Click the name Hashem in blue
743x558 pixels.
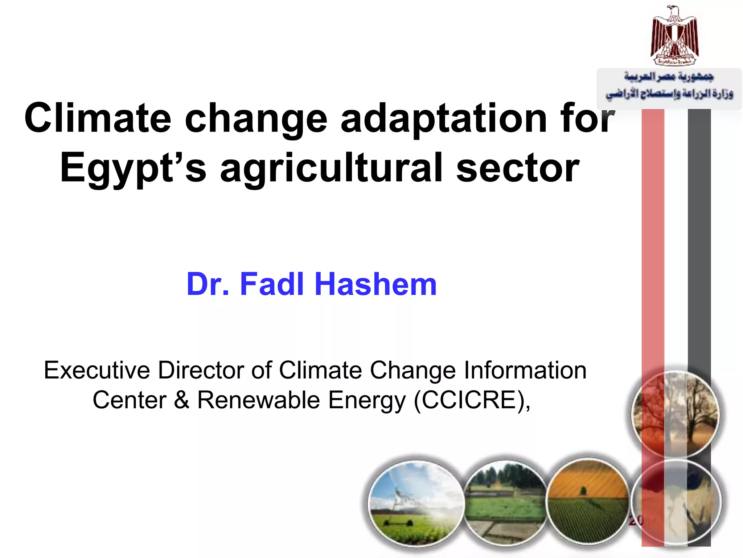375,284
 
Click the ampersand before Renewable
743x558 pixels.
181,400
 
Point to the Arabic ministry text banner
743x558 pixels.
669,86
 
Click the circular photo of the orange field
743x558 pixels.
588,501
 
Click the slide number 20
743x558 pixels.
636,520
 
